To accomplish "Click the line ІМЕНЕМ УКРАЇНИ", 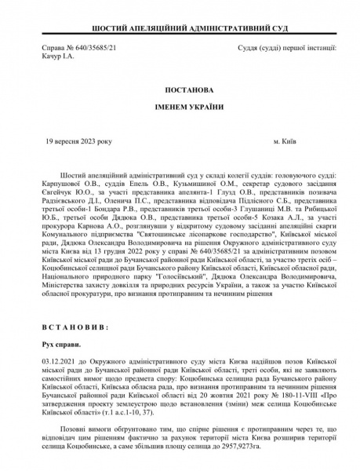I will pos(180,108).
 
